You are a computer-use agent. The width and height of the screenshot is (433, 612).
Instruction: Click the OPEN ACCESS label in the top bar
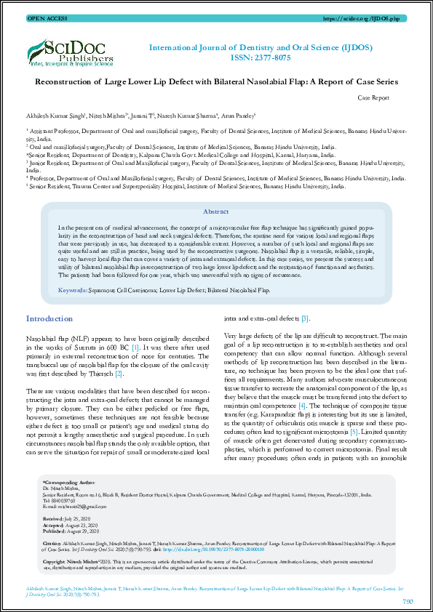point(43,17)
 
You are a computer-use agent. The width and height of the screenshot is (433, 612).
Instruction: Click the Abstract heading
point(215,212)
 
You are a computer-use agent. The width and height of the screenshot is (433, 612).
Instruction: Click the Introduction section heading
point(49,319)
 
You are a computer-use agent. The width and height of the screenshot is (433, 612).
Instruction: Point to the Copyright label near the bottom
point(57,562)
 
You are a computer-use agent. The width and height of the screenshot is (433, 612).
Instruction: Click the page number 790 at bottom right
point(408,601)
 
